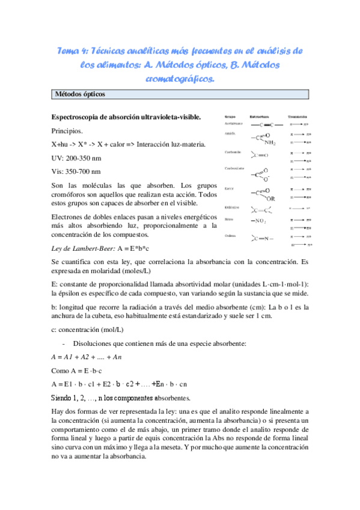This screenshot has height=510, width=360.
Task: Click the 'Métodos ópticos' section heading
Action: pyautogui.click(x=79, y=94)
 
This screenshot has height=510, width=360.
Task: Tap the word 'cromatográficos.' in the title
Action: pyautogui.click(x=180, y=78)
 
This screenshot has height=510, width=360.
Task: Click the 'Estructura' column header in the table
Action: pyautogui.click(x=257, y=117)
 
